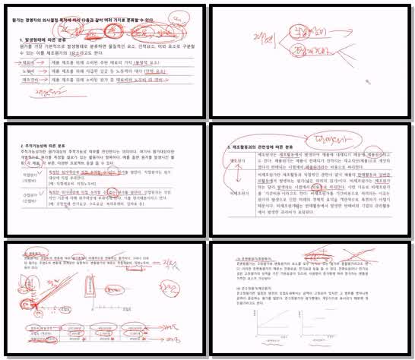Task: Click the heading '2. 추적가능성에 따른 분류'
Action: [49, 144]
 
